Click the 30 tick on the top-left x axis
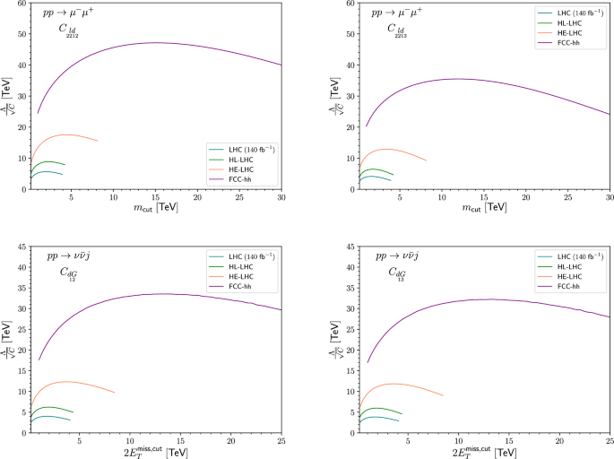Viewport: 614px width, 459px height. pos(281,197)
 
